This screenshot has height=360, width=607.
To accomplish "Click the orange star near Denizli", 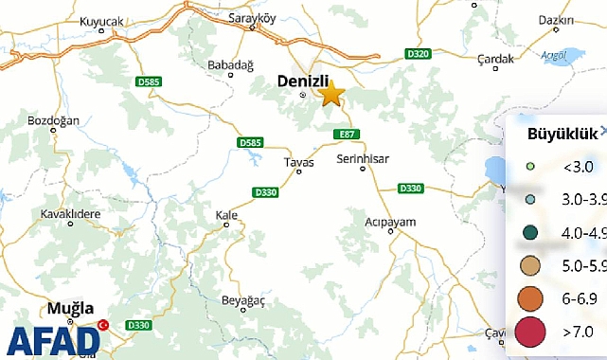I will pos(330,94).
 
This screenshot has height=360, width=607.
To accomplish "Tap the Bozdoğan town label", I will pos(54,122).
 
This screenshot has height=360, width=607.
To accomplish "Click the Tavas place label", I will pos(298,163).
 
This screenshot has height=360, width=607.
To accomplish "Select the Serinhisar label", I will pos(363,158).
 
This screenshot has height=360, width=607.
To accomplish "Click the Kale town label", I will pos(226,215).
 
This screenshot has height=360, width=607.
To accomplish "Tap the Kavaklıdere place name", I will pos(70,213).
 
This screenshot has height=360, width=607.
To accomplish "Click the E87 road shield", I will pos(348,135).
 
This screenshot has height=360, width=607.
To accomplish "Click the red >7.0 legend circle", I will pos(531,332).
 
